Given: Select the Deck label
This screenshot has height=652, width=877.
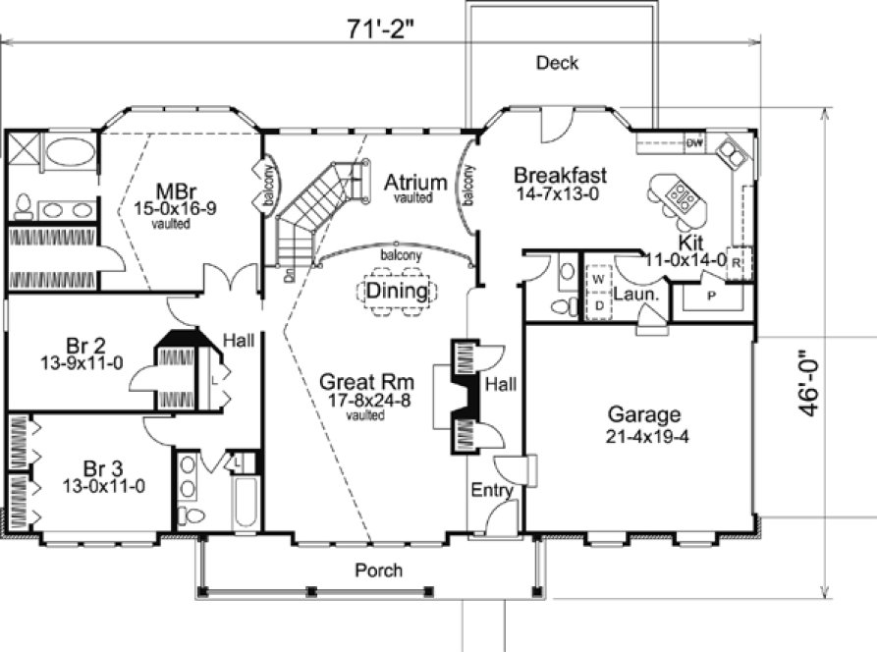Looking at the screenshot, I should point(557,63).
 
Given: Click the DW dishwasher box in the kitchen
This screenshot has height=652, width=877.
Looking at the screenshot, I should point(694,143).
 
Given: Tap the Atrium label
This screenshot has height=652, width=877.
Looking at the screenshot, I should point(415,182).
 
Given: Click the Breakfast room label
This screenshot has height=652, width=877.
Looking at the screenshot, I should point(561,176).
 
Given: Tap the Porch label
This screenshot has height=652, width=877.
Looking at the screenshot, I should point(378,570).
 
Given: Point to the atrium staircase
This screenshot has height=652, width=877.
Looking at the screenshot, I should point(314,206).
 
